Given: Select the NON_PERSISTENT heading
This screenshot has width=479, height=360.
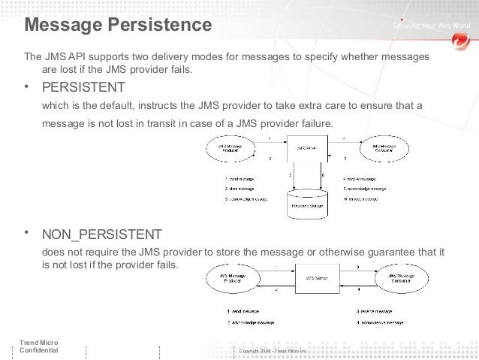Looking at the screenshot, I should [101, 234].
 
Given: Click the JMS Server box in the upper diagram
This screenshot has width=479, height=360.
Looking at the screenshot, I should [307, 150].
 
